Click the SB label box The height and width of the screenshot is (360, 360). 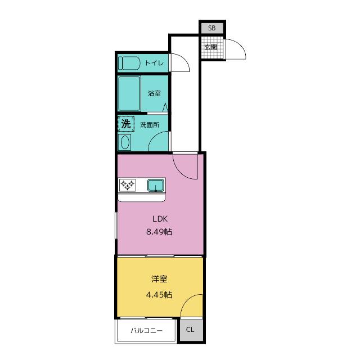point(212,28)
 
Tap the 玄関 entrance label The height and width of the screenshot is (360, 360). point(210,47)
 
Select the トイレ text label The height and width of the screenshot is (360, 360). point(155,63)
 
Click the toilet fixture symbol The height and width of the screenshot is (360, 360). point(129,63)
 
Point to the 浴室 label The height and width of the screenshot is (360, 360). point(154,93)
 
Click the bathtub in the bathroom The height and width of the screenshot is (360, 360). point(129,94)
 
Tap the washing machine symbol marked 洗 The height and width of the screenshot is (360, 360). point(126,124)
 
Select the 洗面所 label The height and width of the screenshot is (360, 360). point(150,125)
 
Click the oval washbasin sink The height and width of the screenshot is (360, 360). point(125,142)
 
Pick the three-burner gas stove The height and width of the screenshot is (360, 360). point(128,185)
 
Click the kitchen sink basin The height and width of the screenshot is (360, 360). point(156,185)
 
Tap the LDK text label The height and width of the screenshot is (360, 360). point(160,219)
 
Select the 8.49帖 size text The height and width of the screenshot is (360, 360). point(159,232)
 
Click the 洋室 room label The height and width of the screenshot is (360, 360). point(159,279)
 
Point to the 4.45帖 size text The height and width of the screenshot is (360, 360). point(159,295)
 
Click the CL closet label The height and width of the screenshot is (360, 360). point(190,330)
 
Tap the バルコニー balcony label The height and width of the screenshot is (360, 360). point(147,331)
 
